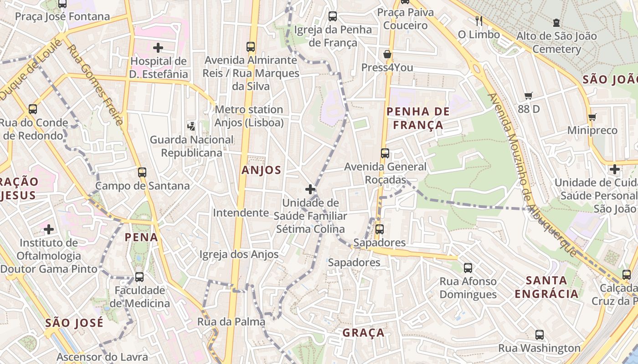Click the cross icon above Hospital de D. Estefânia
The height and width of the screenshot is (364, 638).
(158, 47)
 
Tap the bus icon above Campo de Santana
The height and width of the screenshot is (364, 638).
(142, 172)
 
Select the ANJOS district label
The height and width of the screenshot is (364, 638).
(262, 170)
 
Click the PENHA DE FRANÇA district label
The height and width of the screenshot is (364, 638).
(418, 118)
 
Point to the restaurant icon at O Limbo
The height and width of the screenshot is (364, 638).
(479, 20)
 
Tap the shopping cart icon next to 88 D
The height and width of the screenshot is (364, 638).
(528, 96)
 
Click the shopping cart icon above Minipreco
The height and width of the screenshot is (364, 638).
(592, 117)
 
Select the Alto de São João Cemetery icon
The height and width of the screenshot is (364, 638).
(556, 22)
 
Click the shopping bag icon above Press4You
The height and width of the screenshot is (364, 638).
(387, 54)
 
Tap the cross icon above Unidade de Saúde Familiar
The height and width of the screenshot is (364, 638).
(310, 189)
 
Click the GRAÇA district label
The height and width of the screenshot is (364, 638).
(364, 333)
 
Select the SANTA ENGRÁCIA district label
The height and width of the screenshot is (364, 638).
(547, 287)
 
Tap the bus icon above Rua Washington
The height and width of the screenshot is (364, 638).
(540, 335)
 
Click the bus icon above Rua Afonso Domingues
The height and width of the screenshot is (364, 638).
(468, 268)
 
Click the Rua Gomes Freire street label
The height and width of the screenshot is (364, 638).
(95, 84)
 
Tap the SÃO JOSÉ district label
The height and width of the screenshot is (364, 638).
(74, 323)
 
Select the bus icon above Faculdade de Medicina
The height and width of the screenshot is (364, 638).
(139, 277)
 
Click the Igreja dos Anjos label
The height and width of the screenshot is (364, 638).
(239, 254)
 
